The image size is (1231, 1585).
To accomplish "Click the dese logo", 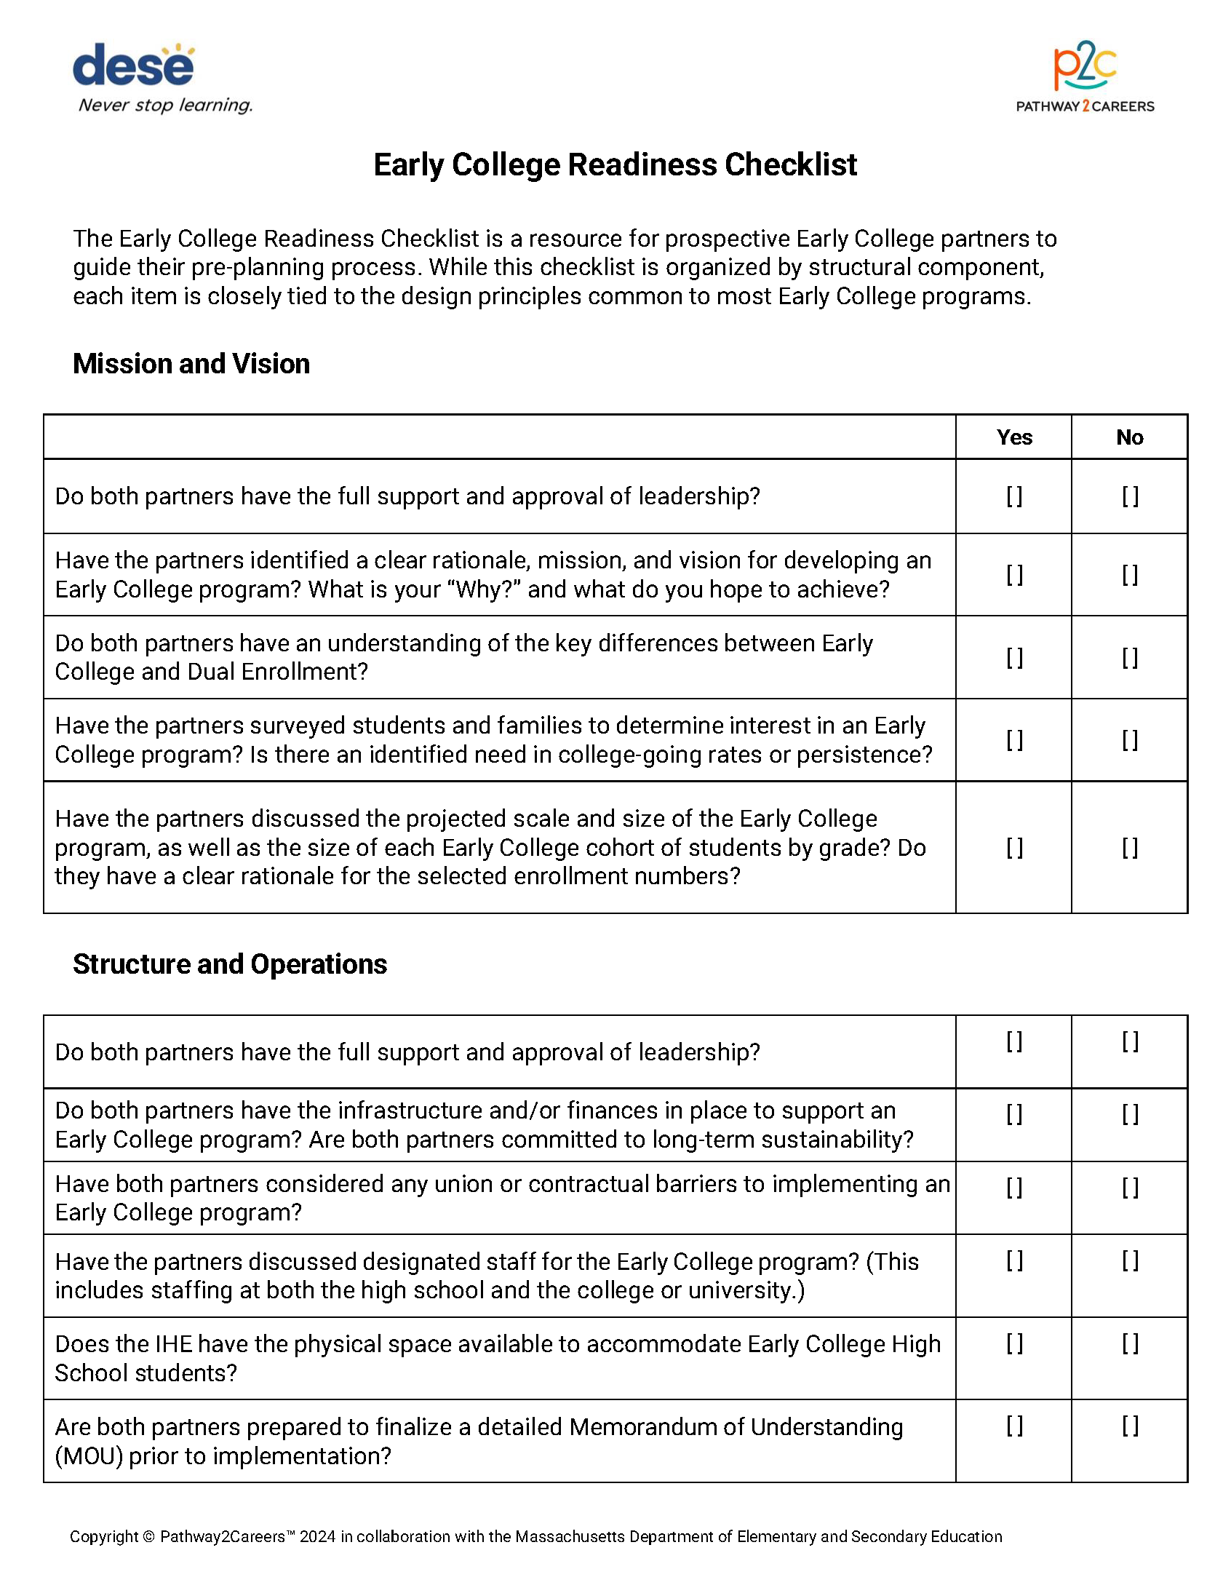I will point(134,65).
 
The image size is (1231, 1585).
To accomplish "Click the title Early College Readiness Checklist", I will point(615,164).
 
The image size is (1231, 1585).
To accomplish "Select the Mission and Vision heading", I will point(191,364).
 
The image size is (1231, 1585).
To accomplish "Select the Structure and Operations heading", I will point(230,964).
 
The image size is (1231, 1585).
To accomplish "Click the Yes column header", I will point(1014,437).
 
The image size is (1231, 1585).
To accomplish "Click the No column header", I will point(1129,437).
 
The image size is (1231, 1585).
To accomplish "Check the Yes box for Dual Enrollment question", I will point(1014,658).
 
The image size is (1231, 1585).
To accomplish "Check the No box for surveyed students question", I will point(1129,740).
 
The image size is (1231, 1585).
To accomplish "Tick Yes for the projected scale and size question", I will point(1014,848).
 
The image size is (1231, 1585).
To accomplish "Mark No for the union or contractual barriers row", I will point(1129,1188).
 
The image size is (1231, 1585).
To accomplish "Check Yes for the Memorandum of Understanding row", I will point(1014,1426).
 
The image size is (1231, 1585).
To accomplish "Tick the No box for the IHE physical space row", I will point(1129,1343).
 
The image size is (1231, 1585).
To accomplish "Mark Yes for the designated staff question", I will point(1014,1260).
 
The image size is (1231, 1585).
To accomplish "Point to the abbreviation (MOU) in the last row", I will point(89,1456).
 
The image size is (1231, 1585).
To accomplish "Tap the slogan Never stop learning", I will point(166,106).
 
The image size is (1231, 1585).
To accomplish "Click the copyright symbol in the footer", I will point(148,1537).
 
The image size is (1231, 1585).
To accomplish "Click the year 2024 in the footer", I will point(317,1537).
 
